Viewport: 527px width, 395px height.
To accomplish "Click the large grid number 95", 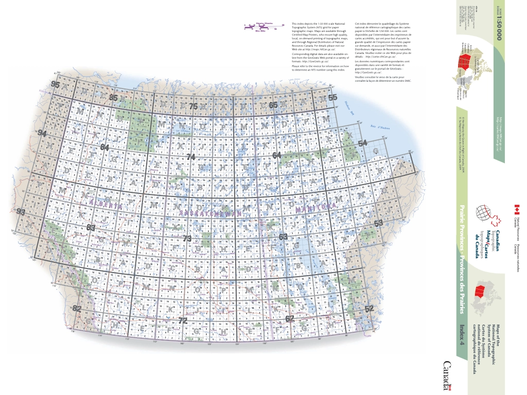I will click(x=56, y=85).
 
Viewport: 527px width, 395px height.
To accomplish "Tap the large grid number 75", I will click(x=194, y=106).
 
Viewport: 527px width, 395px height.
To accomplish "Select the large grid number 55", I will click(x=333, y=97).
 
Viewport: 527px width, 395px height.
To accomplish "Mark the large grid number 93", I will click(x=21, y=212).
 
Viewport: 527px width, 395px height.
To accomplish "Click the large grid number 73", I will click(x=187, y=238).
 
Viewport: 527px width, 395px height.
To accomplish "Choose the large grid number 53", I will click(x=379, y=223).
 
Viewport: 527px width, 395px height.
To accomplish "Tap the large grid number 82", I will click(x=77, y=309).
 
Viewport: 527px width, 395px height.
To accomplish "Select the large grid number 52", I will click(x=368, y=309).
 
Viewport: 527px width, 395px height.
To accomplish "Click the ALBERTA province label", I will click(x=105, y=205).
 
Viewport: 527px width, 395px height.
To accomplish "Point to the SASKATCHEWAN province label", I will click(x=212, y=211).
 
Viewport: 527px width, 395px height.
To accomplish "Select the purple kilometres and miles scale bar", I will click(x=264, y=25).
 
